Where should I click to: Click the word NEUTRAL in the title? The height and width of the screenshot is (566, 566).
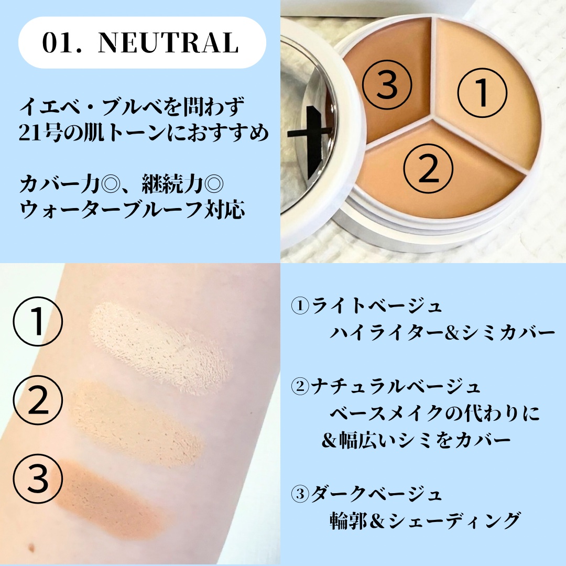(x=168, y=43)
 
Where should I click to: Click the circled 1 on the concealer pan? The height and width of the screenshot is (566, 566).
(x=482, y=93)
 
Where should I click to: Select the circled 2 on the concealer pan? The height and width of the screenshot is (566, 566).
(x=428, y=169)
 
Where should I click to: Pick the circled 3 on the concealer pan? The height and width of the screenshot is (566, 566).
(x=387, y=85)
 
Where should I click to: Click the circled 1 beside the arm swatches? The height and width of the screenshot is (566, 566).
(x=38, y=321)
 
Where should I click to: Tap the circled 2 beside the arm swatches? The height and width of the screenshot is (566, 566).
(x=38, y=400)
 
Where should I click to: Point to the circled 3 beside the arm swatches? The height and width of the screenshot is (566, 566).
(x=38, y=478)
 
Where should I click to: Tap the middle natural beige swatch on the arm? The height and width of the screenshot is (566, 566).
(x=137, y=423)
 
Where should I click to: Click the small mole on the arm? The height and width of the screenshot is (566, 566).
(x=31, y=548)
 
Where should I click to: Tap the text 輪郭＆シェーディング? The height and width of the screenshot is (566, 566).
(x=426, y=521)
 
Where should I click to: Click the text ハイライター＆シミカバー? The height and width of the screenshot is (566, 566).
(x=442, y=333)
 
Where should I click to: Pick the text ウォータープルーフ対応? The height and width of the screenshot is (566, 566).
(x=132, y=210)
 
